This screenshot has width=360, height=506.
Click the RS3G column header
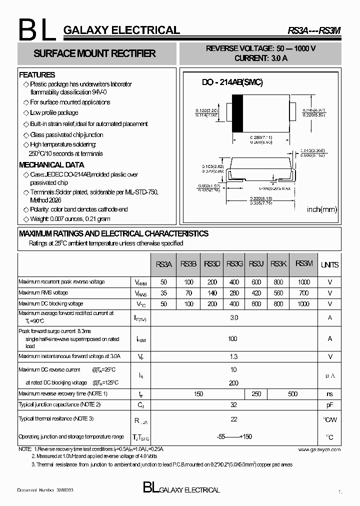pyautogui.click(x=234, y=264)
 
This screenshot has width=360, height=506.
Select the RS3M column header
pyautogui.click(x=304, y=263)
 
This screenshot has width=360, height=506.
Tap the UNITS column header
pyautogui.click(x=329, y=264)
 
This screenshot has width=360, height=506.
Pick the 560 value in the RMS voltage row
pyautogui.click(x=278, y=293)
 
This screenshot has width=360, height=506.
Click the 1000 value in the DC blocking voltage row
pyautogui.click(x=303, y=304)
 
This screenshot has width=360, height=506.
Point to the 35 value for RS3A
pyautogui.click(x=164, y=293)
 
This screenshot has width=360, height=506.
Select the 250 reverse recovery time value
pyautogui.click(x=256, y=394)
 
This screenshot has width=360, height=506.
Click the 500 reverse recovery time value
pyautogui.click(x=292, y=394)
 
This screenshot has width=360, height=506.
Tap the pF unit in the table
pyautogui.click(x=329, y=404)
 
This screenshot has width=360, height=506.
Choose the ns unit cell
pyautogui.click(x=329, y=394)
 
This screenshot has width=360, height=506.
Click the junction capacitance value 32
pyautogui.click(x=233, y=404)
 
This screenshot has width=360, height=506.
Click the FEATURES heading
pyautogui.click(x=37, y=75)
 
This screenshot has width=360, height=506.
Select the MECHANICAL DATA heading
pyautogui.click(x=51, y=165)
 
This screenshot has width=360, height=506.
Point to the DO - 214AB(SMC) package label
pyautogui.click(x=232, y=82)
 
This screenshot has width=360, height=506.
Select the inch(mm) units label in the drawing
pyautogui.click(x=322, y=209)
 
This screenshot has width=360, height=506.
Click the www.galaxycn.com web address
pyautogui.click(x=319, y=449)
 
